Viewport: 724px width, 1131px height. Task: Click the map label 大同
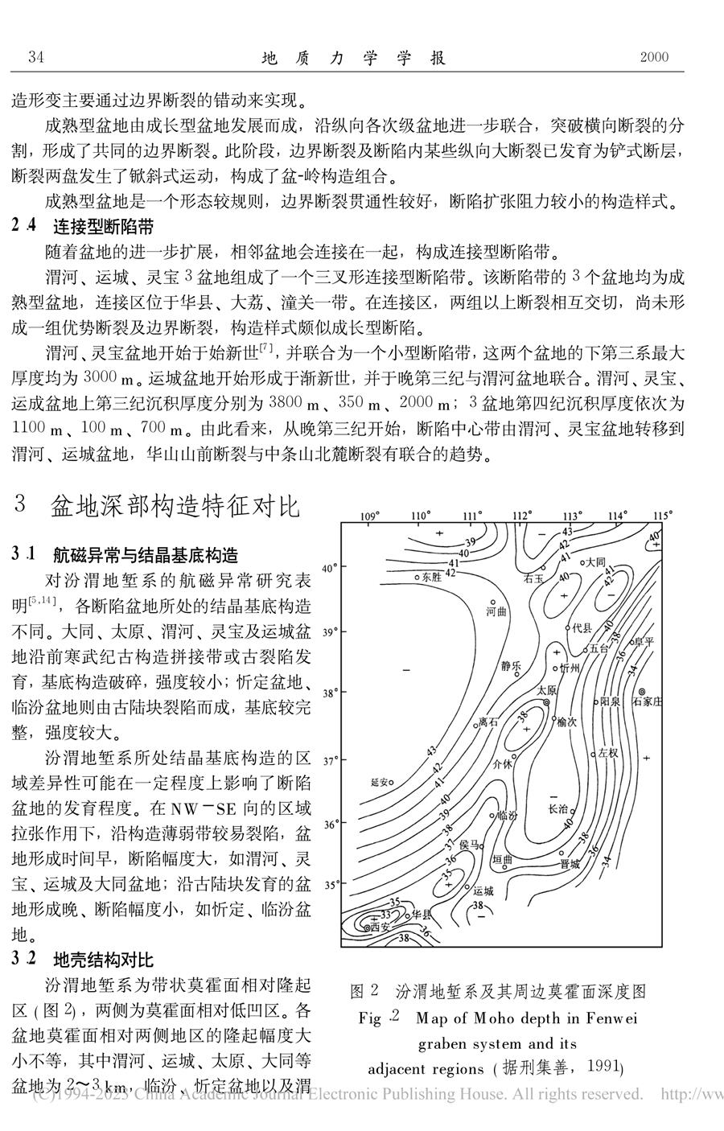click(595, 562)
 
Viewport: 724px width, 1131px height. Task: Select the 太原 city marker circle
click(546, 702)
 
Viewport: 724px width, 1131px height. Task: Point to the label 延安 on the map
click(380, 781)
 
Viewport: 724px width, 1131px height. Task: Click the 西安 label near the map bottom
click(380, 927)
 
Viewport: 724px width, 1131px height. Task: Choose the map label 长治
click(558, 808)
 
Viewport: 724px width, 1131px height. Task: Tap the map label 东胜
click(431, 577)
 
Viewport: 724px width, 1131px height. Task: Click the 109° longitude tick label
click(369, 516)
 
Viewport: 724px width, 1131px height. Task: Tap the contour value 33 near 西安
click(386, 915)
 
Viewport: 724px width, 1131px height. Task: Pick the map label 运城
click(483, 890)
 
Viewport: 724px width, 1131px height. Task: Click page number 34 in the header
click(35, 57)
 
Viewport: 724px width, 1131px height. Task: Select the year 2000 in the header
click(654, 57)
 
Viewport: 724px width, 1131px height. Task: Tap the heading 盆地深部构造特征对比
click(175, 507)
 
